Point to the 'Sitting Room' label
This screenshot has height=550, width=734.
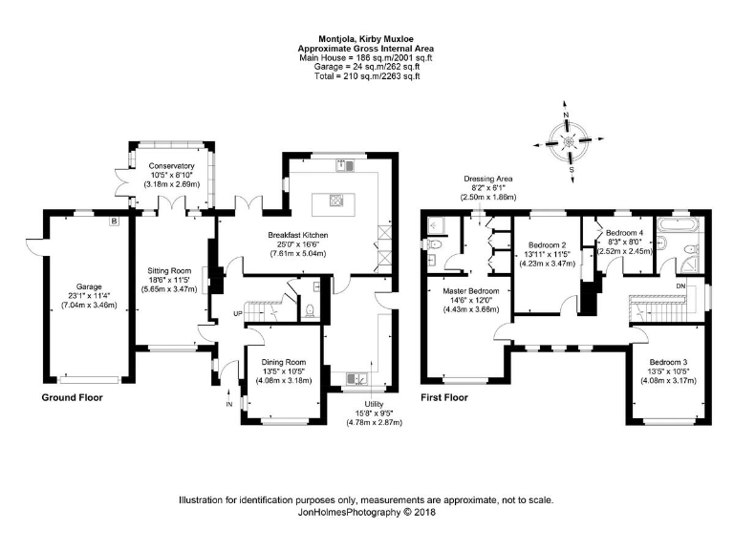[169, 270]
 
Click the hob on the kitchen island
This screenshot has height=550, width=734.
[336, 201]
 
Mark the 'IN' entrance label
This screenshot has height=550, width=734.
[228, 405]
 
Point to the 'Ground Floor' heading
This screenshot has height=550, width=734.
[72, 396]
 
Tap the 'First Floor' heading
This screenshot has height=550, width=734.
[445, 396]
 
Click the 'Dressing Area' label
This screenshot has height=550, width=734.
[489, 179]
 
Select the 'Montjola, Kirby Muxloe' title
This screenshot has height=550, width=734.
[366, 39]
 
